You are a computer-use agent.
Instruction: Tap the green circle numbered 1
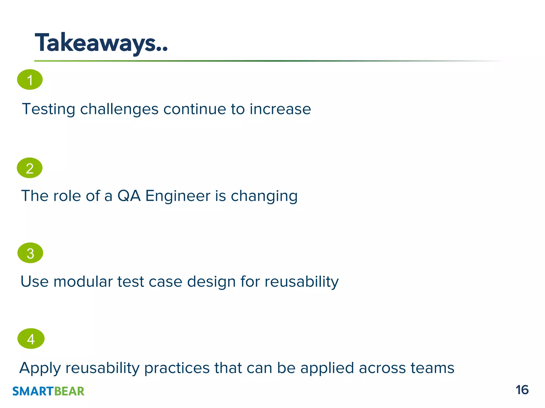click(30, 80)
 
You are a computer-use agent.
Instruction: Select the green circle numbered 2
click(30, 168)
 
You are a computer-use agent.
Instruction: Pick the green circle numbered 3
click(30, 253)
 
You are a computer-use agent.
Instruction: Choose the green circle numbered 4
click(31, 339)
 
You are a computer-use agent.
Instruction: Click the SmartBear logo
click(48, 391)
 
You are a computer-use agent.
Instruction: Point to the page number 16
click(522, 390)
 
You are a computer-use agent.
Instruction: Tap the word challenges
click(119, 109)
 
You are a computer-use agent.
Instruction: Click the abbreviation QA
click(129, 196)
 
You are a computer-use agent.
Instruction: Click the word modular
click(83, 282)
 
